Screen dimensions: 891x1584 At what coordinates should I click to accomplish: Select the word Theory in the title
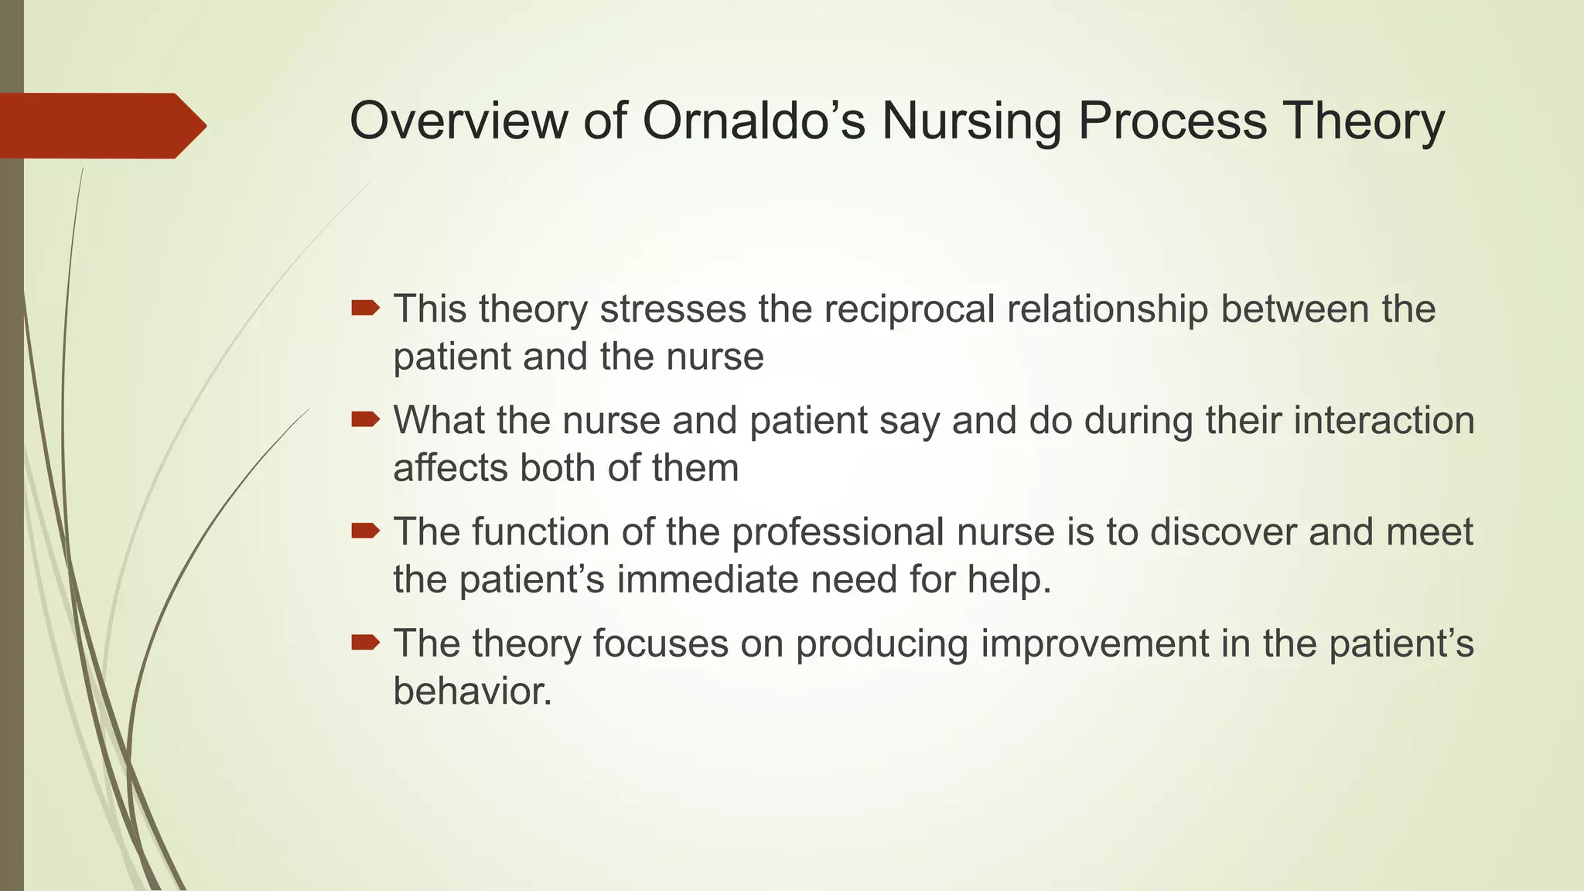[x=1363, y=121]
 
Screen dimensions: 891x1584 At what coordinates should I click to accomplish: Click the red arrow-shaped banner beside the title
[x=101, y=125]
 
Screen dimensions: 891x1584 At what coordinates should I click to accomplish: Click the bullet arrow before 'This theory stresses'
[x=365, y=309]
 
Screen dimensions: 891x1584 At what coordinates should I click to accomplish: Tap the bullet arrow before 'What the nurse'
[x=365, y=420]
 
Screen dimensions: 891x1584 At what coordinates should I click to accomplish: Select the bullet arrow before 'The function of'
[x=365, y=531]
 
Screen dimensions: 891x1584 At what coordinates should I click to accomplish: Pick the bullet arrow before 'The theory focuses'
[x=365, y=642]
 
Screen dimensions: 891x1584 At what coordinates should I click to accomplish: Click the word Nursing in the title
[x=971, y=121]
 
